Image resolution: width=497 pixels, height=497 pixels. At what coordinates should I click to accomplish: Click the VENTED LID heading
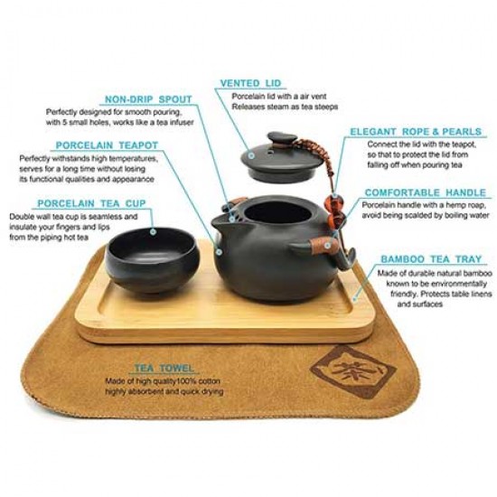pos(250,83)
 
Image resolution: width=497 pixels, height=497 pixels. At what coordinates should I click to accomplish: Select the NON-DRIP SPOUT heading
pos(148,99)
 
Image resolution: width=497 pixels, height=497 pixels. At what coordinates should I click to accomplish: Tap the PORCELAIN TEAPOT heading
pos(107,145)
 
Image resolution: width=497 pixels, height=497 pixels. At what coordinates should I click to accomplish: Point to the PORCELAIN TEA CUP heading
pos(91,203)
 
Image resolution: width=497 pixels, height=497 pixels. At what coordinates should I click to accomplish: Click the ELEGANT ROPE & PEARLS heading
pos(416,132)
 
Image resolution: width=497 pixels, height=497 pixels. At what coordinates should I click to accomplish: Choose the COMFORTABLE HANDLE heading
pos(426,192)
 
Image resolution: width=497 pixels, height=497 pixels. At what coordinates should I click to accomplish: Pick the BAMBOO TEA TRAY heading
pos(431,259)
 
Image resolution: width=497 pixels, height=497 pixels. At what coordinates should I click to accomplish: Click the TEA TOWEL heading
pos(164,368)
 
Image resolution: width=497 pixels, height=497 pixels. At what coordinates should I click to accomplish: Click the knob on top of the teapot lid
pos(282,138)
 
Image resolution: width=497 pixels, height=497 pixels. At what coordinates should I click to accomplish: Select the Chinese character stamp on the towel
pos(353,370)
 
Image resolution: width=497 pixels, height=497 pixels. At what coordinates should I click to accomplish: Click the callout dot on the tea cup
pos(153,231)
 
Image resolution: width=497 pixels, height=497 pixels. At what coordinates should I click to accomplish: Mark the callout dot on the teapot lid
pos(251,155)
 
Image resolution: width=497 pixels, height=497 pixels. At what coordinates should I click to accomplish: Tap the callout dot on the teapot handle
pos(327,245)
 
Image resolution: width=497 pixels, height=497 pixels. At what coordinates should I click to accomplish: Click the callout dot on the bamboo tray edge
pos(355,298)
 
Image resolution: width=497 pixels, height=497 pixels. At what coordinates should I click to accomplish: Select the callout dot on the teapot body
pos(219,252)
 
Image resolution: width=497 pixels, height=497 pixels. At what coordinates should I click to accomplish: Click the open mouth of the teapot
pos(277,212)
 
